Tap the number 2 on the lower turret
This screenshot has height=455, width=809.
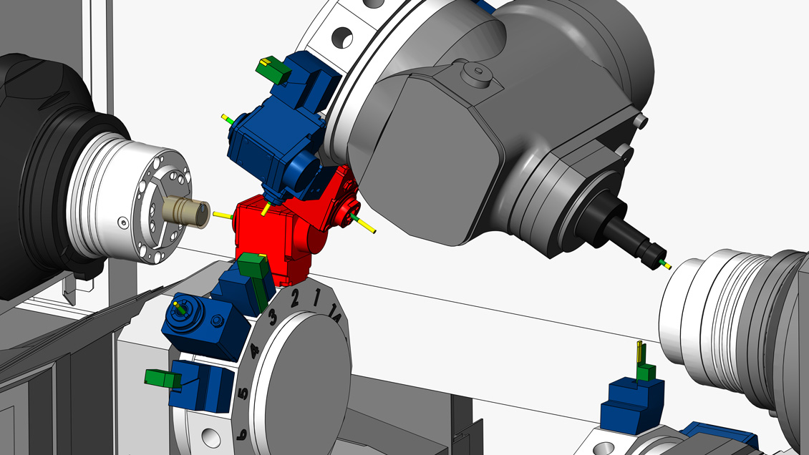pos(294,298)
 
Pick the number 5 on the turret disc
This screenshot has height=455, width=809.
pos(243,393)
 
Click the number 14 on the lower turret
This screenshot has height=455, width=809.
pos(334,314)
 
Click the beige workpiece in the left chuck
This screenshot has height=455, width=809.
pos(185,212)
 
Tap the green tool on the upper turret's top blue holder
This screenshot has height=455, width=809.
pos(273,69)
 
